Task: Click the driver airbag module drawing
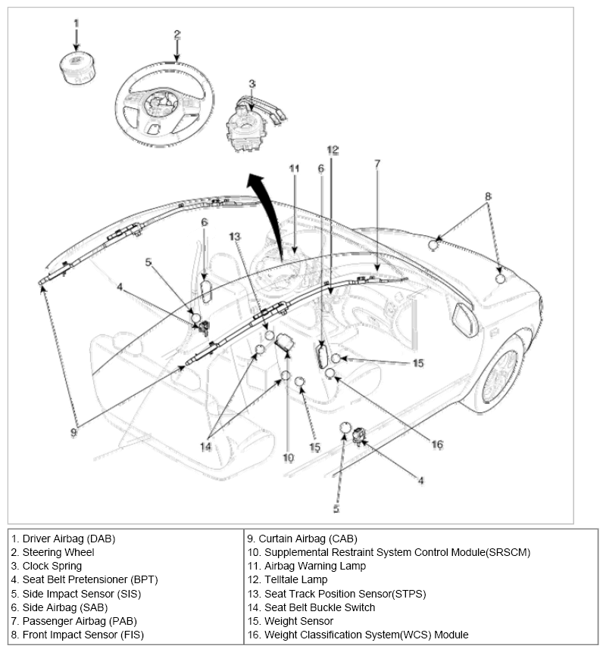click(76, 63)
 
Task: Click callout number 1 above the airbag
click(76, 23)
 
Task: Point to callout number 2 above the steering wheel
click(176, 34)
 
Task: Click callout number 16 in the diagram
click(437, 445)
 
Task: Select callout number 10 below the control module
click(288, 458)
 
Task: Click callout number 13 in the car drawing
click(236, 237)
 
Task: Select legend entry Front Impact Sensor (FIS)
click(77, 635)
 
